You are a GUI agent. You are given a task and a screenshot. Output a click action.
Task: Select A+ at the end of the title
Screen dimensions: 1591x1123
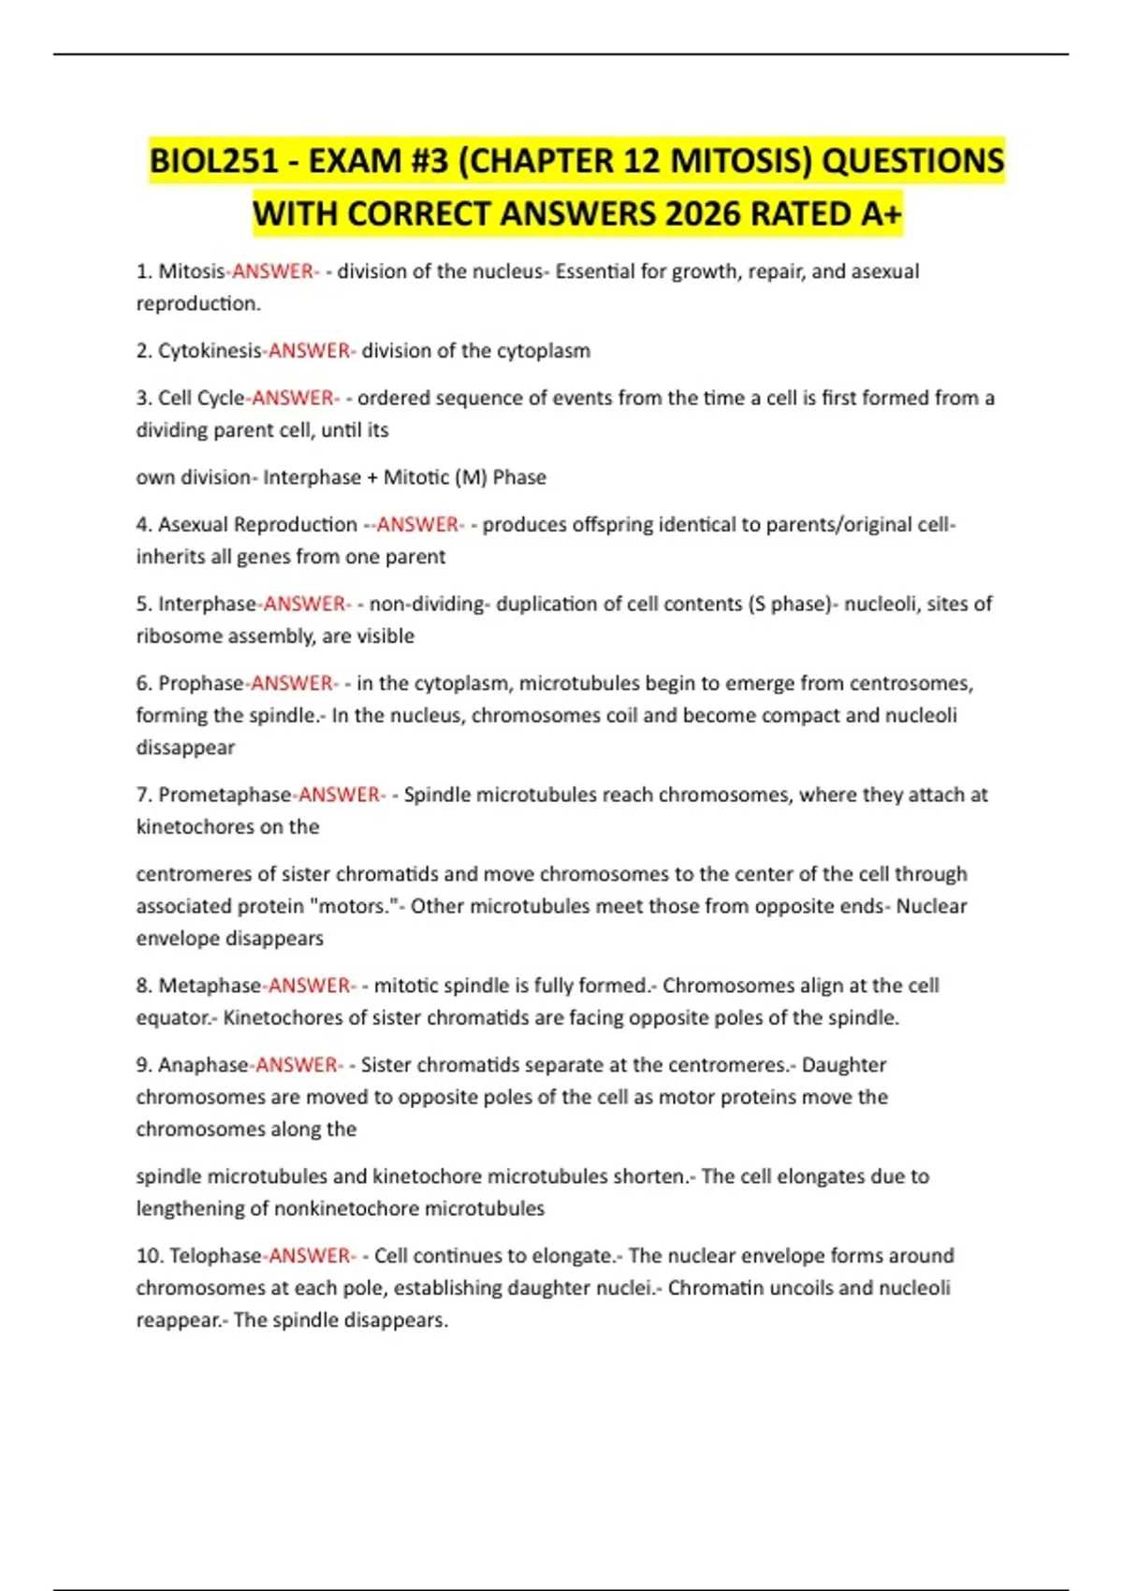[881, 214]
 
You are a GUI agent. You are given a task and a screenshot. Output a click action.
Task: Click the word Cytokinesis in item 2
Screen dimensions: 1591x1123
[210, 351]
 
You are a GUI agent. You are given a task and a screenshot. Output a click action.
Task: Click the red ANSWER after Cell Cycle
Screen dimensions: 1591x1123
[293, 398]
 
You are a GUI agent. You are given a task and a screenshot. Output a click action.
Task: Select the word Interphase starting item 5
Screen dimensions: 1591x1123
[207, 604]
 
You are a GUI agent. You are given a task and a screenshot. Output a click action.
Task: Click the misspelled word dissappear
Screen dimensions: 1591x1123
[185, 748]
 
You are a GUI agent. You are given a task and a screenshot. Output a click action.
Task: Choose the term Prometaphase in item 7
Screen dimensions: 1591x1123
[225, 795]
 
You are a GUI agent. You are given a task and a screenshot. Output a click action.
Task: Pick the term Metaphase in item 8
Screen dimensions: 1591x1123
[211, 985]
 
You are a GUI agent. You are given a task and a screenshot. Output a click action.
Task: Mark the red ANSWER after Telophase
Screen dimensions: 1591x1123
[310, 1256]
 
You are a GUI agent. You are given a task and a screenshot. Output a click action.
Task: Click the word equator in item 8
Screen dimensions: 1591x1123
[174, 1018]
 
